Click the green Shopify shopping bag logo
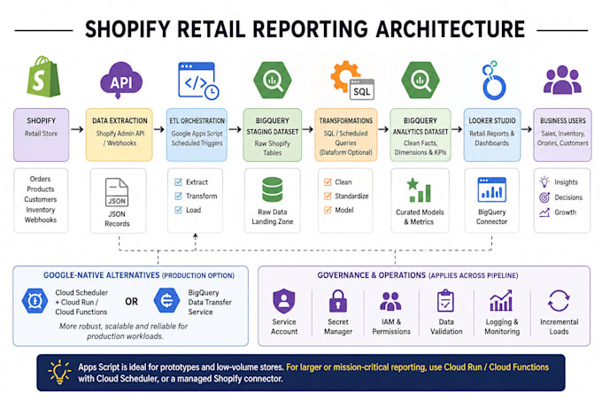[x=43, y=77]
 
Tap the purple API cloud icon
[x=121, y=81]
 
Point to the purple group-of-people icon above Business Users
[x=562, y=80]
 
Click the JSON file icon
[x=117, y=192]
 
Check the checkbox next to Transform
[x=178, y=197]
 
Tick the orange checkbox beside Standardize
[x=328, y=197]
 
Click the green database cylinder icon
[x=272, y=189]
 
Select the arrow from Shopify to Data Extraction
[x=77, y=129]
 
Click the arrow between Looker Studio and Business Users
[x=527, y=129]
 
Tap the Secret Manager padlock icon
[x=338, y=300]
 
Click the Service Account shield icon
[x=284, y=301]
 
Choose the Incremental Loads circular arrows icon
[x=559, y=300]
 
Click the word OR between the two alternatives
[x=131, y=302]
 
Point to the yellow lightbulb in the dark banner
[x=59, y=372]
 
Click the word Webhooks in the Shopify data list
[x=41, y=220]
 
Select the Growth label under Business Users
[x=565, y=212]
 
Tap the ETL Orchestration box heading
[x=197, y=121]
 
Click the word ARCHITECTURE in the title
[x=451, y=29]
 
